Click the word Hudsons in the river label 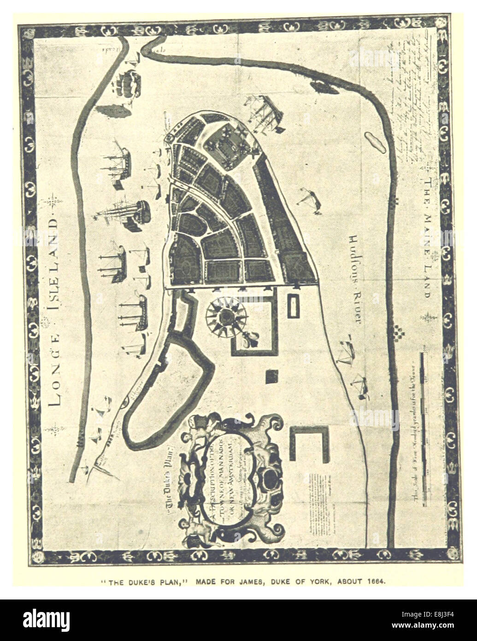[353, 255]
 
